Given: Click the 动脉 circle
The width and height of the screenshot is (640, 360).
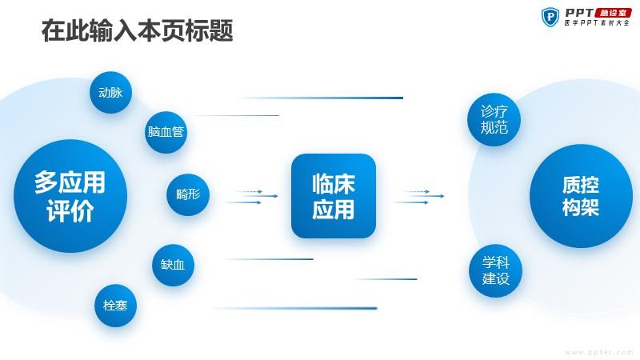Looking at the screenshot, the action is tap(110, 93).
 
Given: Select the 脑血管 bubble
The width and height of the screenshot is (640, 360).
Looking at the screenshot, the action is tap(166, 132).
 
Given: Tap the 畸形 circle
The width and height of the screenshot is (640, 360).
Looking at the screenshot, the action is tap(188, 194).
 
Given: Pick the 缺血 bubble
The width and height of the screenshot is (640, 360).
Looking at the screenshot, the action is tap(173, 265).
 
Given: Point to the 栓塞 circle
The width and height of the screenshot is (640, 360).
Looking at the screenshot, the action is tap(115, 306).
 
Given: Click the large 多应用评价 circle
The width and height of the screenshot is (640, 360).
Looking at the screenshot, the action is tap(70, 196).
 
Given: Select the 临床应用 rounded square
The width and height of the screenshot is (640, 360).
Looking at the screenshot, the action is tap(334, 196).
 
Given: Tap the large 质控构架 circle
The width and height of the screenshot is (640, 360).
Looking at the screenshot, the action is tap(582, 196).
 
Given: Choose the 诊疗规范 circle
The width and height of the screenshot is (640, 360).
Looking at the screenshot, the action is tap(494, 119).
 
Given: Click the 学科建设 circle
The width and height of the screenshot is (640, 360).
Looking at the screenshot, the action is tap(495, 270).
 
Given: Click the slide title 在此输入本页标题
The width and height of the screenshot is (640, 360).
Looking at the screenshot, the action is tap(138, 30).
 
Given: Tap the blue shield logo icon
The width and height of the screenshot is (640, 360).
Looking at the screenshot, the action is tap(550, 17).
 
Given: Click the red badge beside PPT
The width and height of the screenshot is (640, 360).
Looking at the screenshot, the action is tap(614, 13).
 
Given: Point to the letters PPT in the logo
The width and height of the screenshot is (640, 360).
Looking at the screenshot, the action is tap(579, 13).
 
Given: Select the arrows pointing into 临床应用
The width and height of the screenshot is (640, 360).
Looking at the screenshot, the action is tap(252, 197).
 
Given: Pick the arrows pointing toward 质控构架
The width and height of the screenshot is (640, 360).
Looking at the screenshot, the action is tap(418, 197).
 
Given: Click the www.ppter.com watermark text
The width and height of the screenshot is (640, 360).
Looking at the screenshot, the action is tap(598, 352).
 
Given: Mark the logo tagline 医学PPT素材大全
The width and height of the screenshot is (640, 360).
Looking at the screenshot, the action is tap(597, 23).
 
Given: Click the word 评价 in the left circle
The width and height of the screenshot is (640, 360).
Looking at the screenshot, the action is tap(70, 210).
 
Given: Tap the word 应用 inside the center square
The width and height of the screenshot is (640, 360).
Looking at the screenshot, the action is tap(334, 209).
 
